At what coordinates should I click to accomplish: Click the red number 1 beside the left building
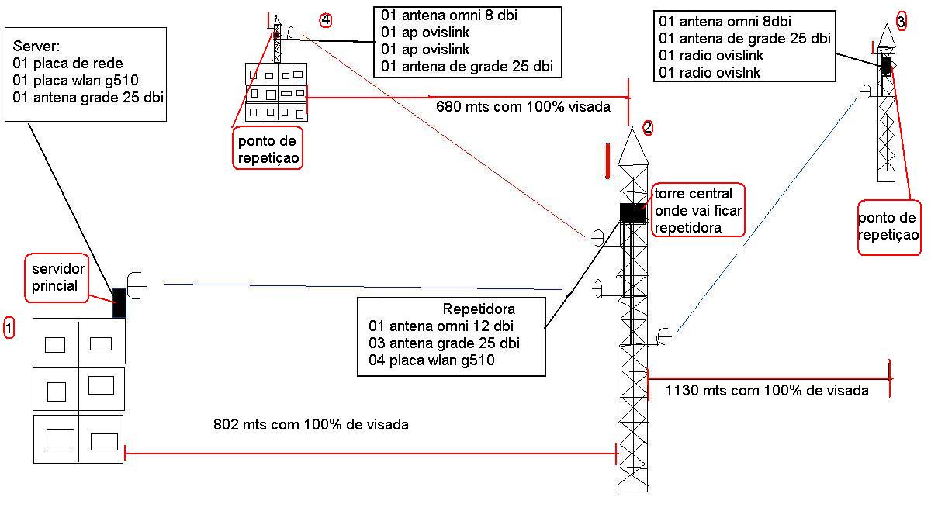click(9, 328)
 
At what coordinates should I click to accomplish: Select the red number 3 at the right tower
click(901, 22)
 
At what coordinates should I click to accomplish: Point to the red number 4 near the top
click(326, 19)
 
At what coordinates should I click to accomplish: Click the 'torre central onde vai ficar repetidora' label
click(698, 209)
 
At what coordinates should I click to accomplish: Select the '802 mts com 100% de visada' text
click(310, 425)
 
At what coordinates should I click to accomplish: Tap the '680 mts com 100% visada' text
click(523, 106)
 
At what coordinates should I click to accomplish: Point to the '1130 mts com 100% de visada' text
click(767, 391)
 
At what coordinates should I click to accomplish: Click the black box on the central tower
click(633, 212)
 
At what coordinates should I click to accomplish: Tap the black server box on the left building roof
click(119, 302)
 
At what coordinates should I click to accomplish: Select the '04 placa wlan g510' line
click(432, 360)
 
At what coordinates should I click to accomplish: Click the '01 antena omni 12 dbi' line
click(441, 326)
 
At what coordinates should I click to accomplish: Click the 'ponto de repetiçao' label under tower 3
click(889, 226)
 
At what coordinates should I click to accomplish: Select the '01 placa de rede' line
click(67, 63)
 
